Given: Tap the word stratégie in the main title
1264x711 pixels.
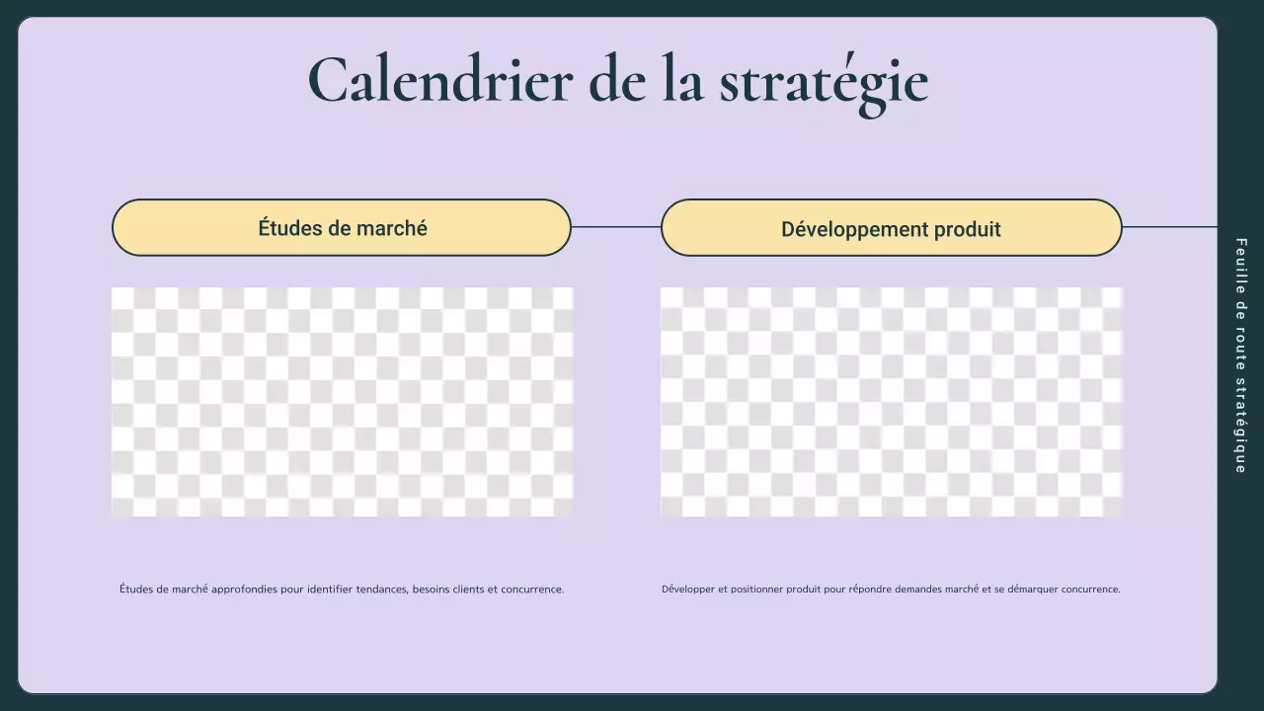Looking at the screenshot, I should [x=824, y=82].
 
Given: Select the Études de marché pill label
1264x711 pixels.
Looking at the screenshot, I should [x=342, y=228].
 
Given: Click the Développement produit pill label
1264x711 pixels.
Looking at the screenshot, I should [x=891, y=229].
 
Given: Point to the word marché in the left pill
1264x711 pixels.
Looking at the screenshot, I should [x=392, y=228].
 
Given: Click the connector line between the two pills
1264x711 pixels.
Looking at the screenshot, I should [x=615, y=227].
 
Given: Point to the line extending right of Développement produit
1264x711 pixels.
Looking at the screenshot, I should [x=1169, y=227].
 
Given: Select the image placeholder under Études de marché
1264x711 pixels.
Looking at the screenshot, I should [x=342, y=402].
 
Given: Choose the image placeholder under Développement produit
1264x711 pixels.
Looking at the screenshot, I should [x=891, y=402].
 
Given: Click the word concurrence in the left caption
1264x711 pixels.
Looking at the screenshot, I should [x=532, y=590].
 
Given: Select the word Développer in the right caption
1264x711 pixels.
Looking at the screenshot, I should [x=687, y=590].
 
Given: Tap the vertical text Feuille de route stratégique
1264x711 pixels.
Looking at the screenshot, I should [x=1241, y=355].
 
